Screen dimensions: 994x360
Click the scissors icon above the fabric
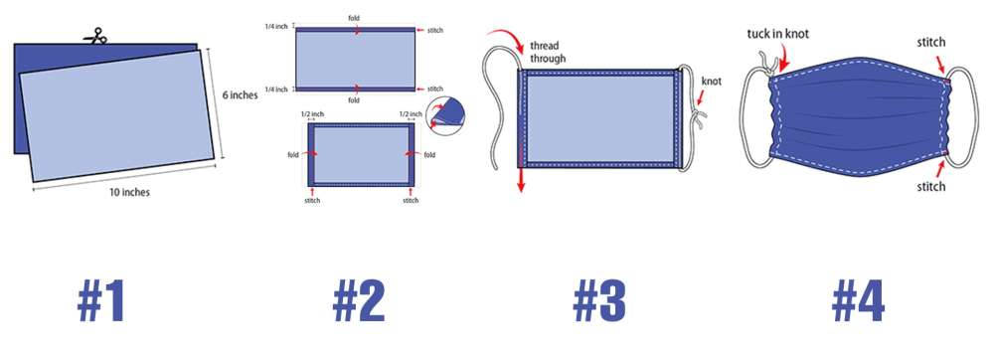coord(95,37)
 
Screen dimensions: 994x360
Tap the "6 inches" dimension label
coord(241,95)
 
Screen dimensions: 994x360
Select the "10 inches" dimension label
coord(129,192)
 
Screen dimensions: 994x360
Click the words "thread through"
coord(548,53)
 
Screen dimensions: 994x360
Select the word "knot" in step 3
coord(712,82)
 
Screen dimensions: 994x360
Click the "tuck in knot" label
coord(778,34)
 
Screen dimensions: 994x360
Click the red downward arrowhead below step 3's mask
coord(521,184)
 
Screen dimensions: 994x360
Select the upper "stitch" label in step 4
coord(931,43)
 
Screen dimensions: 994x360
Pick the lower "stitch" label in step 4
coord(931,186)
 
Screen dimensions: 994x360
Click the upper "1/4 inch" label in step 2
coord(276,27)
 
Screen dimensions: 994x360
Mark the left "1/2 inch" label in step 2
coord(312,114)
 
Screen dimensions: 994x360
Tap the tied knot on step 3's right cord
coord(698,117)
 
